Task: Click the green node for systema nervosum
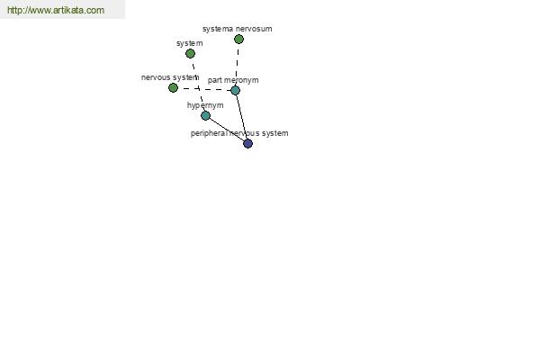(238, 40)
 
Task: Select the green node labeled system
(190, 53)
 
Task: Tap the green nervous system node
(173, 88)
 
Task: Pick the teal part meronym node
(235, 91)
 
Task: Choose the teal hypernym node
(205, 116)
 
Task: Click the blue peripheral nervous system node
(248, 144)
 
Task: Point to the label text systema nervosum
(238, 29)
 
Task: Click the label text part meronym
(233, 80)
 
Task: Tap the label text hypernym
(205, 105)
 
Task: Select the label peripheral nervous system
(239, 133)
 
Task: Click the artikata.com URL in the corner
(56, 10)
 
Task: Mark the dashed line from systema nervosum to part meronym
(238, 65)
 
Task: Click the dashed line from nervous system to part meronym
(204, 89)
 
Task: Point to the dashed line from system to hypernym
(198, 85)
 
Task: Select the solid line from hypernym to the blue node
(227, 130)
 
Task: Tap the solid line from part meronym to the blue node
(241, 117)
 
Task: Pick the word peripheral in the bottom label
(209, 133)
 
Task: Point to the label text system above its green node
(189, 43)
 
